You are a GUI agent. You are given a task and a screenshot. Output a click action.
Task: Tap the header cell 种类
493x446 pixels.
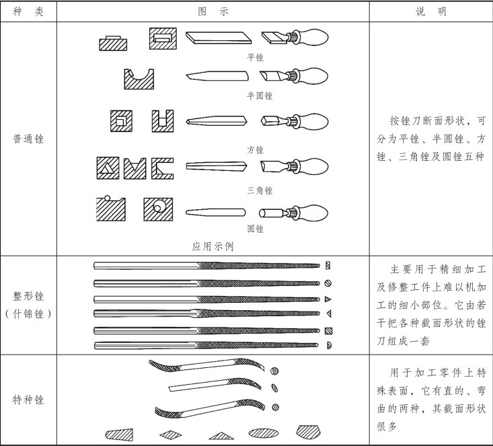(x=28, y=11)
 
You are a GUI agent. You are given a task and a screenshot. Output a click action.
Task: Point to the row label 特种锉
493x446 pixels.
(x=28, y=400)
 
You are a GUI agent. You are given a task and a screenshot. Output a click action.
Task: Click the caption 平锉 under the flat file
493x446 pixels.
(x=256, y=57)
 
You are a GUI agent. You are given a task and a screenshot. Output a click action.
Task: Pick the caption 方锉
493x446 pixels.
(x=256, y=149)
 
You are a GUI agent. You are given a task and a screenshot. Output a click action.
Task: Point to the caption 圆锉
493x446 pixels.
(x=256, y=229)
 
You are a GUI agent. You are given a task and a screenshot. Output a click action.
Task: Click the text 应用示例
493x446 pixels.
(x=214, y=246)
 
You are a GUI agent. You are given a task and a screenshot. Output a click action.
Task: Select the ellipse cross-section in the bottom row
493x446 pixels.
(x=264, y=434)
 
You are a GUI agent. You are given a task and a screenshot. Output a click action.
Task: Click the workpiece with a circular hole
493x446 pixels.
(x=159, y=209)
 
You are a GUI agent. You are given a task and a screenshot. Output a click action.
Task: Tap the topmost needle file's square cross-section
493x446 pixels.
(x=328, y=265)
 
